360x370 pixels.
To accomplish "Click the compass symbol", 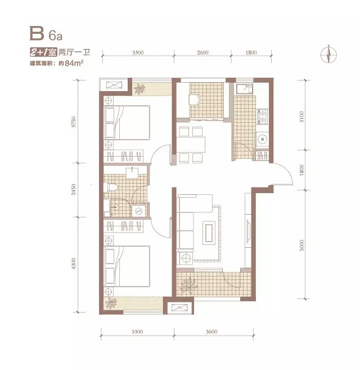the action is click(328, 55).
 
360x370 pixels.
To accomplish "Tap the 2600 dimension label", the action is click(202, 52).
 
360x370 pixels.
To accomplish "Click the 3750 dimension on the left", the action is click(74, 122).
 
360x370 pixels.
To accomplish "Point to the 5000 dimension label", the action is click(301, 246).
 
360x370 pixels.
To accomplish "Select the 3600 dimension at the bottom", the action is click(211, 332).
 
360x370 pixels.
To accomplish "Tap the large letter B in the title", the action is click(37, 33).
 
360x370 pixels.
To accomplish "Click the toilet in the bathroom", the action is click(111, 187).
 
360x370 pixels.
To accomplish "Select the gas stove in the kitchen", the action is click(262, 117).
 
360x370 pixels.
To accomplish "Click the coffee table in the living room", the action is click(209, 233).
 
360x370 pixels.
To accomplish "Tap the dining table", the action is click(191, 145).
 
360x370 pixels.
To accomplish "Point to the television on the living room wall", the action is click(248, 231).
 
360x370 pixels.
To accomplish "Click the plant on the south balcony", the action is click(188, 286).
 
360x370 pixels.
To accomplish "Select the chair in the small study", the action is click(194, 99).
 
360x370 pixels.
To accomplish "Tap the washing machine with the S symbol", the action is click(138, 211).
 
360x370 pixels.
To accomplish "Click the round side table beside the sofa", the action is click(186, 257).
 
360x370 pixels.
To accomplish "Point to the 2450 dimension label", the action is click(74, 189).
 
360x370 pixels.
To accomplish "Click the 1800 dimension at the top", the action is click(251, 52).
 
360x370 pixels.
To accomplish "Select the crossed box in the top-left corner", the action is click(114, 85).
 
